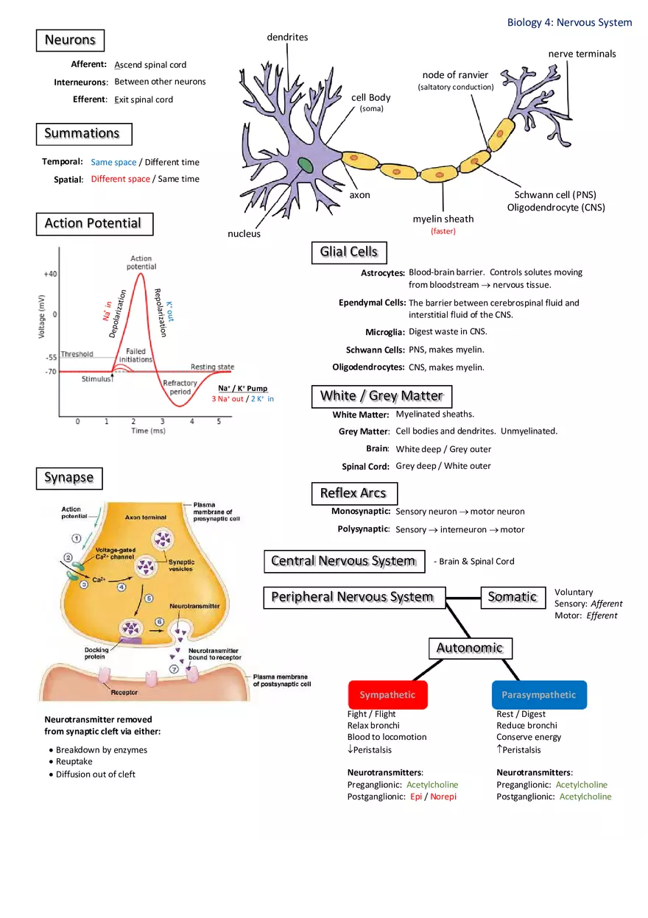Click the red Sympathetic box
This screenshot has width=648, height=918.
pos(387,695)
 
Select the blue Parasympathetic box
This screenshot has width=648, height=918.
pos(539,695)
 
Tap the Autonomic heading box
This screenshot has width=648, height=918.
pos(470,648)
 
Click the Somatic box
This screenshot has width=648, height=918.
pos(513,597)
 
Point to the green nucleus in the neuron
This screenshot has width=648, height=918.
pos(306,165)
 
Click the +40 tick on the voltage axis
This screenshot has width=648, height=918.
pos(50,274)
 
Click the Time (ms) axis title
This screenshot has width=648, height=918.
pos(148,431)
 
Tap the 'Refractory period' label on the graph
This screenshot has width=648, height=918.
pos(180,387)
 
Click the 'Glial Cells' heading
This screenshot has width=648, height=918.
pos(348,252)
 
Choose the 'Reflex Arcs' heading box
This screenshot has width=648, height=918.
pos(353,493)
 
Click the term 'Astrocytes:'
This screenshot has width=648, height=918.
pos(383,273)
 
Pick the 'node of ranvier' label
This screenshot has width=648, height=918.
pos(455,75)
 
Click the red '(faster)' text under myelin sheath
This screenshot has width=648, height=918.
pos(443,231)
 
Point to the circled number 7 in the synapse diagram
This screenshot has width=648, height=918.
pos(175,669)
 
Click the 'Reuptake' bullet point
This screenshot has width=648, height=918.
pos(74,762)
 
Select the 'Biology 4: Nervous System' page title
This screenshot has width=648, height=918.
pos(569,23)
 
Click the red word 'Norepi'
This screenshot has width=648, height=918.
pos(443,797)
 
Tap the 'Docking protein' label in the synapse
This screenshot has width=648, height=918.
pos(96,653)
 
